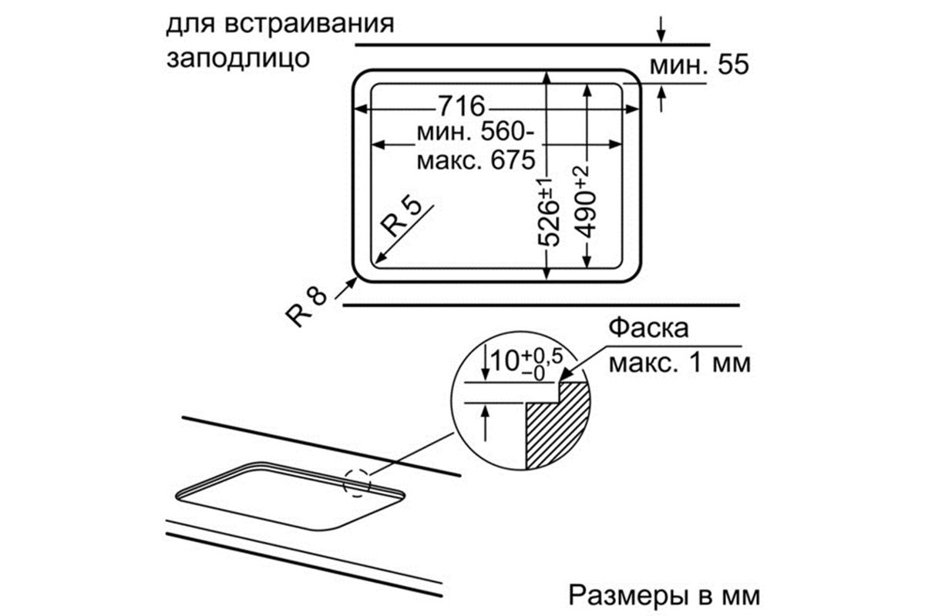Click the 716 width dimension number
pos(461,106)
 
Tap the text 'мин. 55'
pos(699,65)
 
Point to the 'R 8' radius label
pos(306,307)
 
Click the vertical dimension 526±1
pos(549,213)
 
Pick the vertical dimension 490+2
pos(587,203)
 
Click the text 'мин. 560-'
pos(476,132)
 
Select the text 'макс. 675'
pos(476,160)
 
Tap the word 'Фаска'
pos(648,329)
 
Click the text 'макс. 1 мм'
pos(680,363)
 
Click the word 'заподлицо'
pos(238,59)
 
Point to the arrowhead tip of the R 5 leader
pos(375,263)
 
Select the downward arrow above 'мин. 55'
pos(661,29)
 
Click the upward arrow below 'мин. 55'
pos(661,99)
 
